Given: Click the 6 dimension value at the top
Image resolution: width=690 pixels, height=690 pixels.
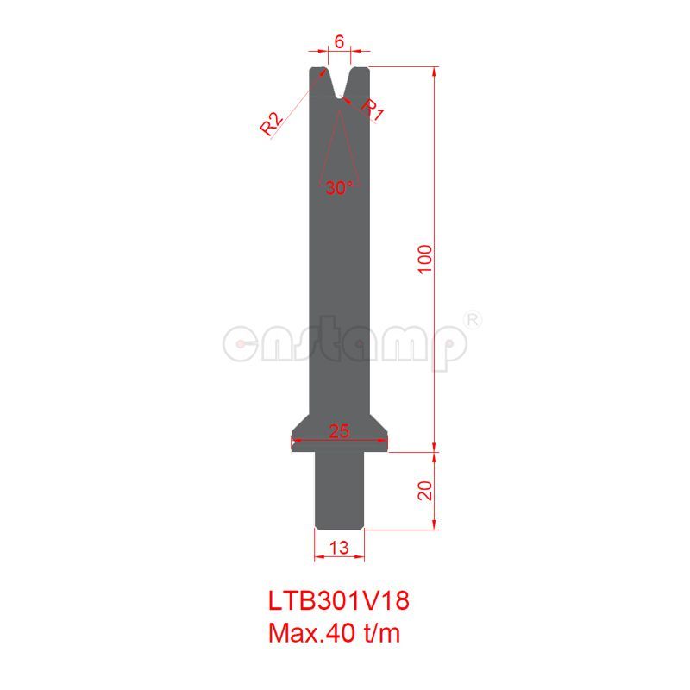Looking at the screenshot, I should point(339,41).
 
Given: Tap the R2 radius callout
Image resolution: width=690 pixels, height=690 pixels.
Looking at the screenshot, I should point(272,124).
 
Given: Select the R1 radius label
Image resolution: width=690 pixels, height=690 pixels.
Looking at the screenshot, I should point(372,109).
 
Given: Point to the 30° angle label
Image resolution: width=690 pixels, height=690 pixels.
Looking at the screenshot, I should point(339,186).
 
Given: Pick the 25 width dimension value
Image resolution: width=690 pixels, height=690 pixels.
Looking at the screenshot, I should point(339,432).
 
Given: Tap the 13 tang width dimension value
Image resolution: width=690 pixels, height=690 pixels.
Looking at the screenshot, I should point(339,546).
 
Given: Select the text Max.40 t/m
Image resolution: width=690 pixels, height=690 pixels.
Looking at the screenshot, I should point(335,634).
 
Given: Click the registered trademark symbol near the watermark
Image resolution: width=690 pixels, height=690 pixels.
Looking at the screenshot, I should point(474,319).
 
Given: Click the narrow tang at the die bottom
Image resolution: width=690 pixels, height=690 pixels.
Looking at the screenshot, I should point(339,492).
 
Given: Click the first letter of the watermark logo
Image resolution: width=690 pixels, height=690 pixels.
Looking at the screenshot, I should point(242,343).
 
